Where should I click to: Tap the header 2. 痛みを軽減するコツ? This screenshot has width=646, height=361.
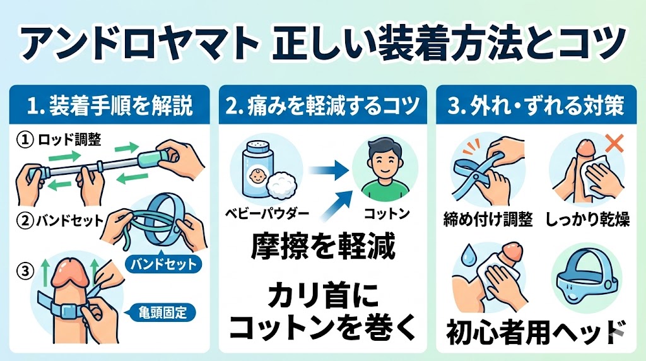[x=323, y=105]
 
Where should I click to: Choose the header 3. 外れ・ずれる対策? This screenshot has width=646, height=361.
[x=536, y=105]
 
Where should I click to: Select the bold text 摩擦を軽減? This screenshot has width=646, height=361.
[x=323, y=247]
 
